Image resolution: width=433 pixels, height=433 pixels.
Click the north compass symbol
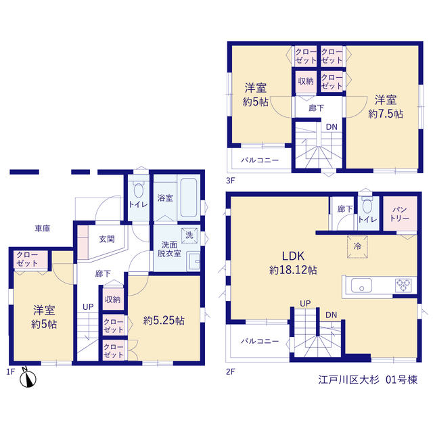click(x=28, y=378)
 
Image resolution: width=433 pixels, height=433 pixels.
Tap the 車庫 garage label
click(x=43, y=229)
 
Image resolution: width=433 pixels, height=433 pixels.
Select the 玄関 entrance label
click(x=107, y=239)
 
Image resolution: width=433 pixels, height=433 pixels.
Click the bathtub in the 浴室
click(x=189, y=198)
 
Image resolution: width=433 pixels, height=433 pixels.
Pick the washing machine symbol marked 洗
click(x=189, y=235)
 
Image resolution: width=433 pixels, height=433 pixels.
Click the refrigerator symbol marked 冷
click(x=357, y=246)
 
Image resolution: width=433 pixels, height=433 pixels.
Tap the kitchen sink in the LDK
click(x=361, y=286)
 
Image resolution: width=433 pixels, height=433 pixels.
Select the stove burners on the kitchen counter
click(x=403, y=286)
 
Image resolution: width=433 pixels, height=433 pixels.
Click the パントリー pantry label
click(x=400, y=214)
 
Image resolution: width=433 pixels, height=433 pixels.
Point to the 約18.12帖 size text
click(x=293, y=270)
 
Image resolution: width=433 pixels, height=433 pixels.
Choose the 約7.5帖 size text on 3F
click(x=386, y=114)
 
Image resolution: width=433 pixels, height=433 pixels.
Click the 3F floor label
click(x=230, y=181)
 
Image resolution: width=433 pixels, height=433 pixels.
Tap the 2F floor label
click(x=230, y=371)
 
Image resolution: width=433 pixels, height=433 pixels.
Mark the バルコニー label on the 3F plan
click(x=260, y=160)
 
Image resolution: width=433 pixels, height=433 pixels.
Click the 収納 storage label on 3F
click(x=306, y=81)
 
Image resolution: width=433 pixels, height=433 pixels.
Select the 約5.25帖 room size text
click(x=164, y=320)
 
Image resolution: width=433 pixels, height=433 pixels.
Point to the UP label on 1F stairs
click(x=88, y=306)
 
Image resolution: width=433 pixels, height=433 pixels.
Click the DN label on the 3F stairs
click(x=332, y=127)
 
